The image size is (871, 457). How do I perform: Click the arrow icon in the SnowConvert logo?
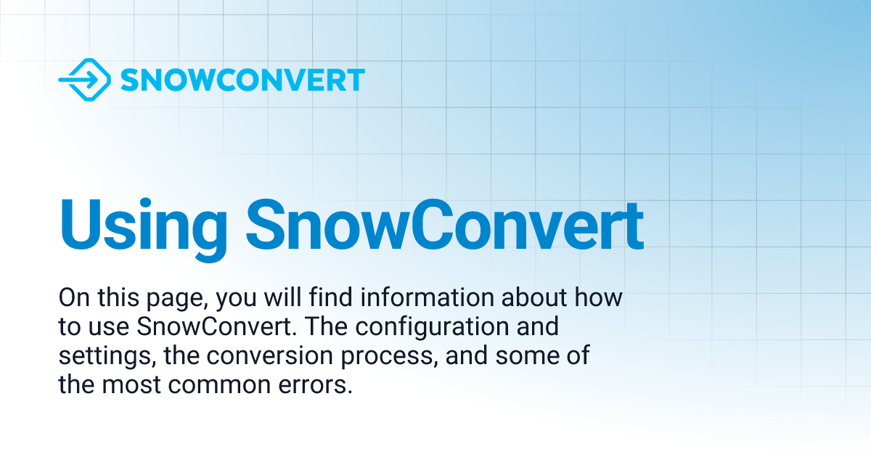pyautogui.click(x=84, y=79)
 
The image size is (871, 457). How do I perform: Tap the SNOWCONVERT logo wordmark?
pyautogui.click(x=242, y=80)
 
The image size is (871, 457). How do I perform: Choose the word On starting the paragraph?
pyautogui.click(x=72, y=297)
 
